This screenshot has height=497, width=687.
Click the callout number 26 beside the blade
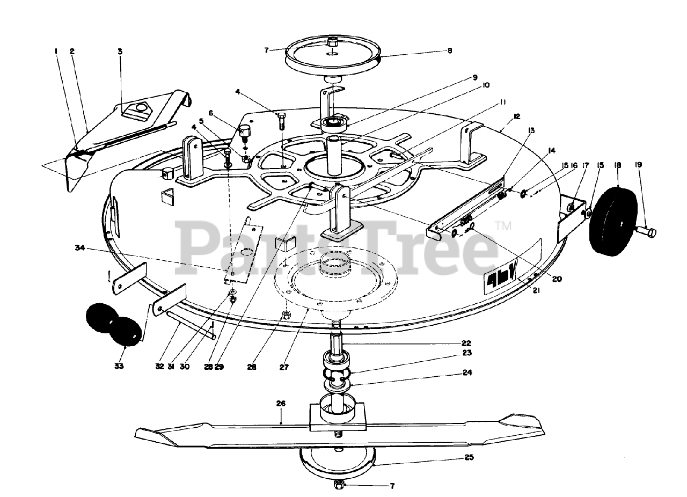[x=281, y=403]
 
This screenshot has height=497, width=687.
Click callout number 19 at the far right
[x=638, y=166]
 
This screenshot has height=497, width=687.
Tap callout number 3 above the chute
[x=120, y=52]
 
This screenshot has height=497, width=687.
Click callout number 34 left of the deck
[x=80, y=247]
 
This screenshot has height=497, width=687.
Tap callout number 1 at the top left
[x=56, y=52]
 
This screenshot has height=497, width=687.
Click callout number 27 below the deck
[x=284, y=368]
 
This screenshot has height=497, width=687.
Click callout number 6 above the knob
[x=211, y=113]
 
